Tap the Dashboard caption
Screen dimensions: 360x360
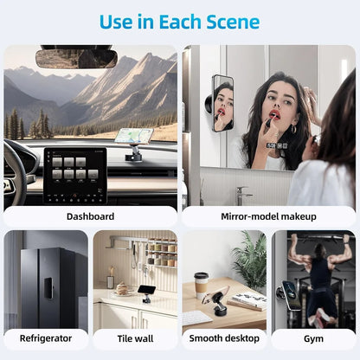[x=90, y=216]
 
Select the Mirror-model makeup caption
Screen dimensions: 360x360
[x=269, y=216]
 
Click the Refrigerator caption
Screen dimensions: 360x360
[x=45, y=338]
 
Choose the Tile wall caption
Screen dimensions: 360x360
[x=135, y=338]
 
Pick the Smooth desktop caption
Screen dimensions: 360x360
[x=224, y=338]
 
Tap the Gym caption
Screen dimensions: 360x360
[x=313, y=338]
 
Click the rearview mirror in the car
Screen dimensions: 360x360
[x=76, y=58]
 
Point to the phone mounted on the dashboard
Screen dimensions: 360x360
[x=133, y=137]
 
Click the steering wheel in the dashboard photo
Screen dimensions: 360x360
[x=16, y=173]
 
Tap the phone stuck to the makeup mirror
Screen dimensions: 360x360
[x=222, y=103]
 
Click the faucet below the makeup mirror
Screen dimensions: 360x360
[x=244, y=192]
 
